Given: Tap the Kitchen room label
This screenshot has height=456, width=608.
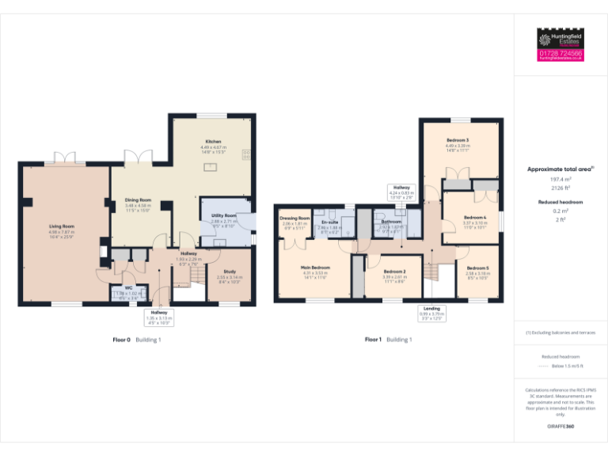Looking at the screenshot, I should click(x=214, y=142).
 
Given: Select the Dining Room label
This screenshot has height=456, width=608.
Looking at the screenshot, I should click(x=138, y=200).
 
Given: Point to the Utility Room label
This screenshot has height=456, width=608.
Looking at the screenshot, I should click(x=224, y=215).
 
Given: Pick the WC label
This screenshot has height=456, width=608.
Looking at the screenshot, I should click(x=127, y=288).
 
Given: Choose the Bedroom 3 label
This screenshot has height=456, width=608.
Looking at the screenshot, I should click(x=458, y=140).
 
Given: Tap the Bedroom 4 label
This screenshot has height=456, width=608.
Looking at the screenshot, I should click(x=474, y=218).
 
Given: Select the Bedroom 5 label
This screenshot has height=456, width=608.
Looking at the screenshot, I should click(x=477, y=268).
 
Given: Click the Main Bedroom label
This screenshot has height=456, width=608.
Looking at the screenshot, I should click(x=315, y=268).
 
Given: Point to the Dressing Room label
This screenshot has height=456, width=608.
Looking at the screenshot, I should click(x=294, y=218).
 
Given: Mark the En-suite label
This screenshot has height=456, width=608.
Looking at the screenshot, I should click(x=329, y=222).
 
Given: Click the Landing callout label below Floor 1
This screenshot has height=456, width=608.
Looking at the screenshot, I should click(x=431, y=308).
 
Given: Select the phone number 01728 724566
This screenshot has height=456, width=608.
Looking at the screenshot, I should click(x=560, y=53).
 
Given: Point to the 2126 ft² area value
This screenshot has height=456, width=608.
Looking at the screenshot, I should click(x=560, y=188).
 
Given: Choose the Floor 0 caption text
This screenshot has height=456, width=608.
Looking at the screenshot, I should click(x=122, y=340).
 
